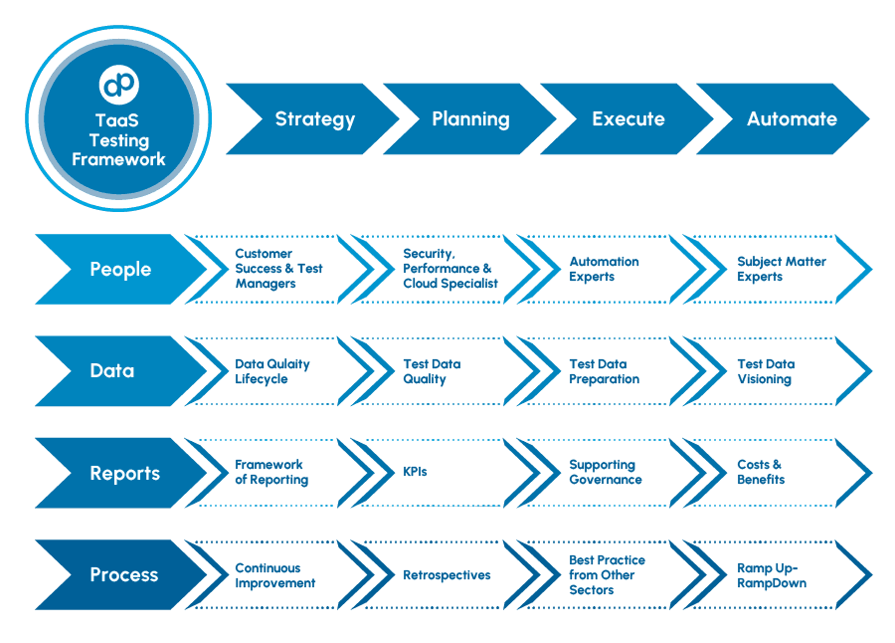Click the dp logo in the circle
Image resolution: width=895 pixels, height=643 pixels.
[x=119, y=85]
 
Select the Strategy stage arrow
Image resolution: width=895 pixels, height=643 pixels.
[x=314, y=119]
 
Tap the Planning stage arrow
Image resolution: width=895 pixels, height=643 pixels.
[x=470, y=119]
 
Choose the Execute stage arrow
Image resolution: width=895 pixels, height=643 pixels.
[x=627, y=119]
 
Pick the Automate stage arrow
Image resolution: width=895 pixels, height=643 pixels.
[x=792, y=119]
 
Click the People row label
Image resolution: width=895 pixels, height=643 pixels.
[x=120, y=270]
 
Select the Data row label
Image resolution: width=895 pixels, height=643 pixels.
[x=111, y=371]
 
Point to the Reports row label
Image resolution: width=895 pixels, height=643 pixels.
[x=123, y=474]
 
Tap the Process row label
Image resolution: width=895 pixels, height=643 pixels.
[x=123, y=575]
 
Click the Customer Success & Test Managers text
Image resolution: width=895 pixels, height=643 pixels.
[x=277, y=269]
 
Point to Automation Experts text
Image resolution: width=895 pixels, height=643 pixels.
[x=604, y=269]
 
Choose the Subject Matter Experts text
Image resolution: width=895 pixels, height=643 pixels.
[x=781, y=269]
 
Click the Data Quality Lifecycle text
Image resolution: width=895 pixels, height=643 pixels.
[x=271, y=371]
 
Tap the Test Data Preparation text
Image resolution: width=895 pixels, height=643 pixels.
[x=604, y=371]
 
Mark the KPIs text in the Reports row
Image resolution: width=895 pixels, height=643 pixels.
[x=415, y=472]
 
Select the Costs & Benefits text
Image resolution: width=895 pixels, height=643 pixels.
[x=760, y=472]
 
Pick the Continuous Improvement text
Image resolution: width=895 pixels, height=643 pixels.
[x=274, y=575]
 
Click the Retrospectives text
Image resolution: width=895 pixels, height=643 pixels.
[x=447, y=575]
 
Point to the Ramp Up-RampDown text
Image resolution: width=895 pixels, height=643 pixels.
[x=771, y=575]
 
